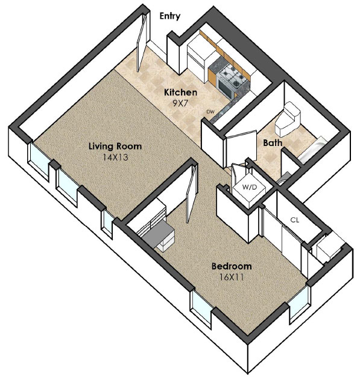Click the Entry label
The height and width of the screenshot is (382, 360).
(x=169, y=16)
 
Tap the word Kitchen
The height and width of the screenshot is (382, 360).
(x=181, y=92)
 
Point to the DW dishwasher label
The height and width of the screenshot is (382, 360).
(x=210, y=112)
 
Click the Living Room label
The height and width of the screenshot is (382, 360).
(x=115, y=146)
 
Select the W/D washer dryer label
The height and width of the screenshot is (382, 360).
(x=250, y=187)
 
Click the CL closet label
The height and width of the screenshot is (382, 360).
(x=295, y=220)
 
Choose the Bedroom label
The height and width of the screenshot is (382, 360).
(x=232, y=266)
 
